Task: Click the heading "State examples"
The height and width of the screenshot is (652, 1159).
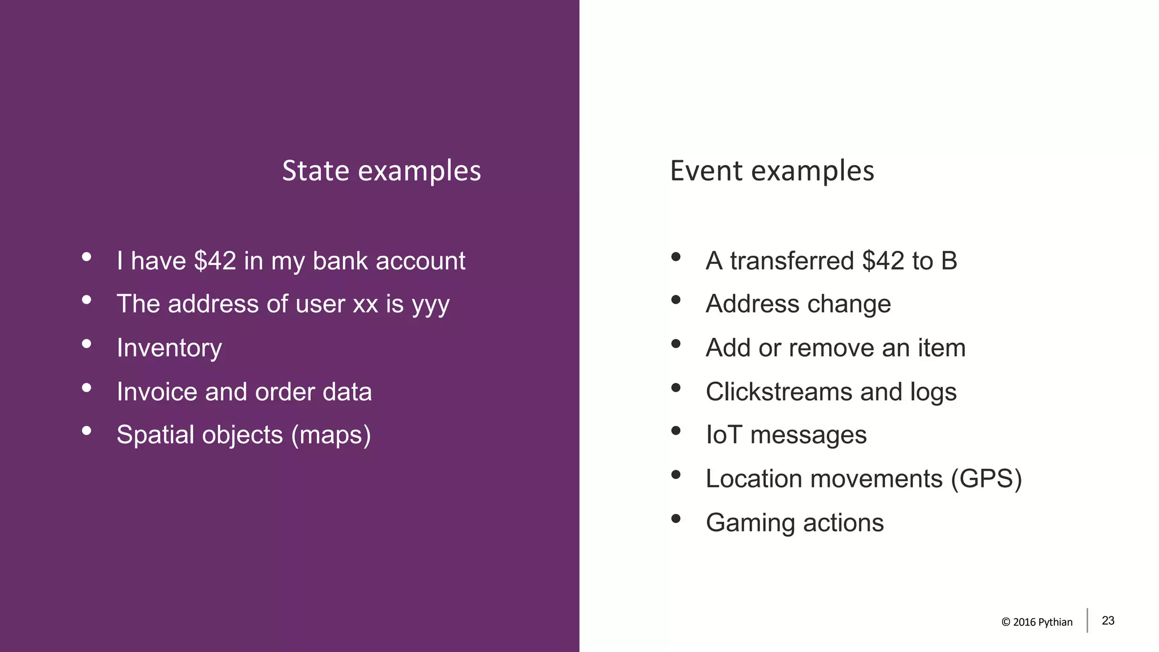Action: pyautogui.click(x=381, y=171)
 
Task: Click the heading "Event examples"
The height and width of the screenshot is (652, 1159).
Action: pyautogui.click(x=772, y=171)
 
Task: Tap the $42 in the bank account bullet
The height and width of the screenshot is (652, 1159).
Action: pyautogui.click(x=215, y=261)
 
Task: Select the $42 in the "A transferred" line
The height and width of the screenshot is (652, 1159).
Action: pyautogui.click(x=883, y=261)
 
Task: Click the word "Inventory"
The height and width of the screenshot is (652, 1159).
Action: pyautogui.click(x=169, y=348)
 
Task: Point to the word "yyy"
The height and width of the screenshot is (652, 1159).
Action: pyautogui.click(x=431, y=304)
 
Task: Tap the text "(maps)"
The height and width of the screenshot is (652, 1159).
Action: pyautogui.click(x=331, y=435)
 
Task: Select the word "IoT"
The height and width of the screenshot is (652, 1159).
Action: pyautogui.click(x=724, y=435)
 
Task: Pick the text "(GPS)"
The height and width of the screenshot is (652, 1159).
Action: pyautogui.click(x=986, y=479)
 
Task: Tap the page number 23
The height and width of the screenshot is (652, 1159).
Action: pyautogui.click(x=1108, y=621)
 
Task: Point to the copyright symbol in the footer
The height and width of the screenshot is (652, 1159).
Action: pyautogui.click(x=1006, y=622)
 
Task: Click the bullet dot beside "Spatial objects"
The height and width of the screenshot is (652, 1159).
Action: pyautogui.click(x=87, y=431)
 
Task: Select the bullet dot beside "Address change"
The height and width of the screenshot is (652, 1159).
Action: pyautogui.click(x=676, y=300)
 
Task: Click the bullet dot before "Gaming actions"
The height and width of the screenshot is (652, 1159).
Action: pyautogui.click(x=676, y=518)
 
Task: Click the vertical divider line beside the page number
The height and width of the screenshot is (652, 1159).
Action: pyautogui.click(x=1087, y=620)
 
